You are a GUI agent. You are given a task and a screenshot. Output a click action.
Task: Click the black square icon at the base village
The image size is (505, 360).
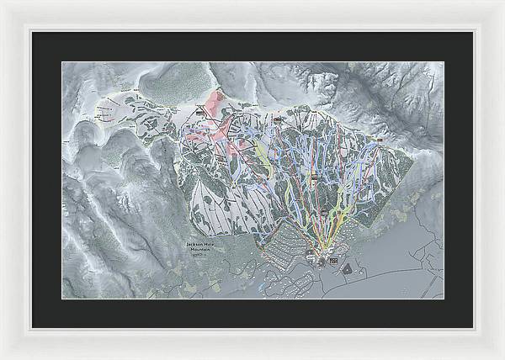332,262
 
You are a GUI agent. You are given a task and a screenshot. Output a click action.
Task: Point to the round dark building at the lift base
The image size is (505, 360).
320,261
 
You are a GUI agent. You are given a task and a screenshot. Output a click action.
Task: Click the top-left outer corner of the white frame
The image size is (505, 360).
1,1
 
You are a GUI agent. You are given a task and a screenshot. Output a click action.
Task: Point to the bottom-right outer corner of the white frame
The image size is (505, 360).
503,358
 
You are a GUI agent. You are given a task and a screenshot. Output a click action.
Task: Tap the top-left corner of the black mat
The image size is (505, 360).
32,32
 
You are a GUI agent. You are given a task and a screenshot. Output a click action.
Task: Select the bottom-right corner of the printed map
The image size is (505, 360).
444,299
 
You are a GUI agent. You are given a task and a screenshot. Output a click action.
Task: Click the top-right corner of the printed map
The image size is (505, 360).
444,61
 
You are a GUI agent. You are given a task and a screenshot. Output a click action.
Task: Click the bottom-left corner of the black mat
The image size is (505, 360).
32,327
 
